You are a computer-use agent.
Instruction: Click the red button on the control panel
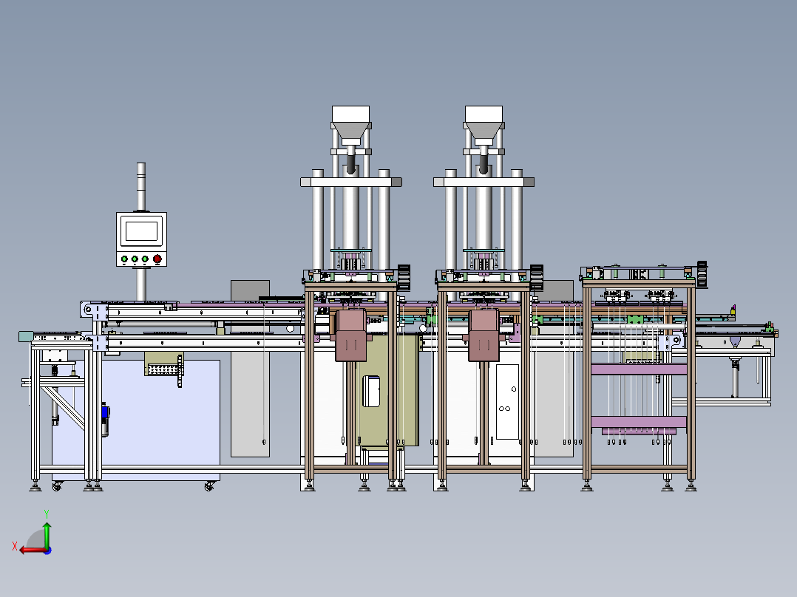tap(157, 259)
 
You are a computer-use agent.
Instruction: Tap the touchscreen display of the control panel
tap(141, 231)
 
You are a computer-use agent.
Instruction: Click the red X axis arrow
tap(28, 549)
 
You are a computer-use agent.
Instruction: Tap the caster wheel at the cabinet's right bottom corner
tap(210, 486)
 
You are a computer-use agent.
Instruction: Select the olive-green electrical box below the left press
tap(384, 392)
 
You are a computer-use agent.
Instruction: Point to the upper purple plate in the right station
tap(639, 369)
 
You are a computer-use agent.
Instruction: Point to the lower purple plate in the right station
tap(639, 430)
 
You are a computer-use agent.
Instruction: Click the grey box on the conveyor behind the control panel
tap(250, 290)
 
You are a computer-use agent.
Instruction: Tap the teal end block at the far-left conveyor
tap(26, 337)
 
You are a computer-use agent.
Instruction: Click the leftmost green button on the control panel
tap(124, 259)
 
